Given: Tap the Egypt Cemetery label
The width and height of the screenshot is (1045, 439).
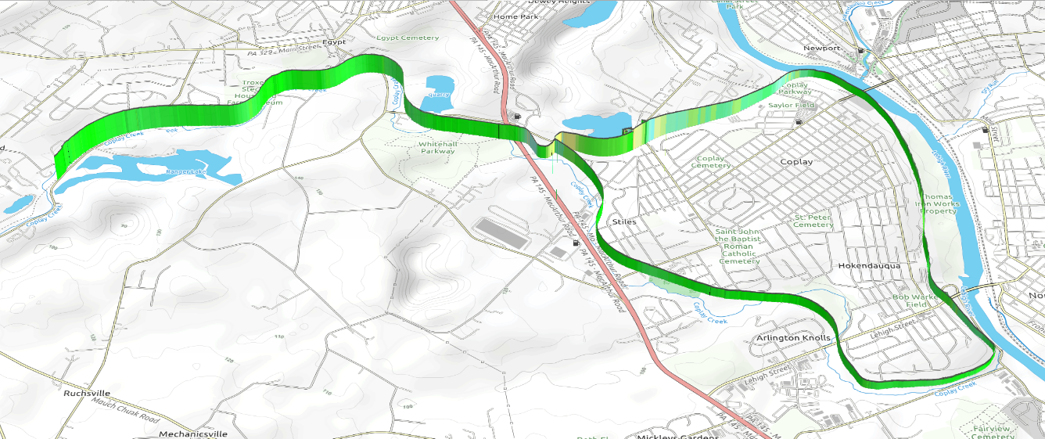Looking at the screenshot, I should (x=408, y=38).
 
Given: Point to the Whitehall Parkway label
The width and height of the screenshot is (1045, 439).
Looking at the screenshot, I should (x=436, y=148).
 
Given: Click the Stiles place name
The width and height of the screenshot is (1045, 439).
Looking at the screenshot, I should (x=623, y=221).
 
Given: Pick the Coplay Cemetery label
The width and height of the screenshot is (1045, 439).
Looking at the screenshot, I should (x=711, y=162).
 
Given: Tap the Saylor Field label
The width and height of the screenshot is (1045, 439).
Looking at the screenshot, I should (x=791, y=105).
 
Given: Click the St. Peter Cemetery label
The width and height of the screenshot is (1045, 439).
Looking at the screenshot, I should (x=813, y=221).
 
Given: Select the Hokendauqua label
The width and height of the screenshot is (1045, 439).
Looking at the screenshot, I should (x=869, y=266).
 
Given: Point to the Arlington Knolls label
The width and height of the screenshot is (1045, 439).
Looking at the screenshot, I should (x=792, y=338).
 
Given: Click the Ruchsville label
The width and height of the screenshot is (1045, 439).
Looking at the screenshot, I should (x=87, y=393).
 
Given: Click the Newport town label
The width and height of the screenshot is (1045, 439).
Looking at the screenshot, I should (x=821, y=49).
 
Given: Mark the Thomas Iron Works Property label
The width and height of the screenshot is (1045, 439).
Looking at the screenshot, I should (x=939, y=204).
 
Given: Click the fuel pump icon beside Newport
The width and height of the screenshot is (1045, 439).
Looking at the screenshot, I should (x=861, y=51).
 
